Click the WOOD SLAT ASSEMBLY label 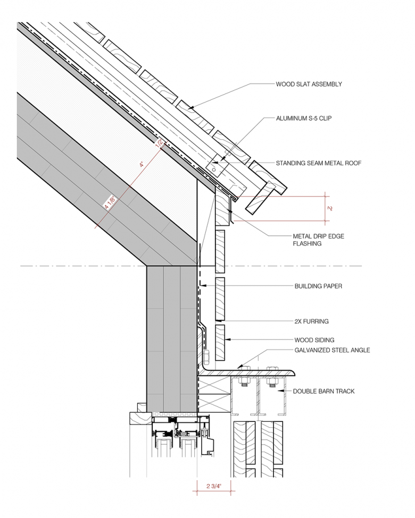(x=309, y=84)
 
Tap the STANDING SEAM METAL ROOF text (x=318, y=163)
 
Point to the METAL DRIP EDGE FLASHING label (x=318, y=240)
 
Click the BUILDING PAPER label (x=318, y=286)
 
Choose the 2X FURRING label (x=311, y=321)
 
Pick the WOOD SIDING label (x=314, y=340)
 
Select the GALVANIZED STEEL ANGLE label (x=332, y=350)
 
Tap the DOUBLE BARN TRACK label (x=323, y=392)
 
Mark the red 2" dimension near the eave (x=330, y=208)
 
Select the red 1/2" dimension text (x=159, y=142)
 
